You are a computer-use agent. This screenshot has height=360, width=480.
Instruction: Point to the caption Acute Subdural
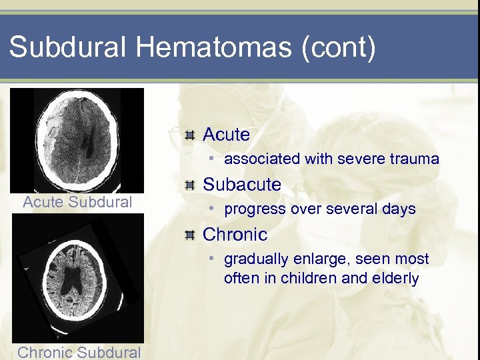[x=77, y=202]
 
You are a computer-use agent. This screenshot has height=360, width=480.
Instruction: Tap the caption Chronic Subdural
[x=79, y=352]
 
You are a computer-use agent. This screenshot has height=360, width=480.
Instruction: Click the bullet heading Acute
[x=226, y=135]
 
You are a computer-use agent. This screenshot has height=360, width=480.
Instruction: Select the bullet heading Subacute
[x=242, y=184]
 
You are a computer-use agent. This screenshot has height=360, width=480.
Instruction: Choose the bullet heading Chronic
[x=235, y=235]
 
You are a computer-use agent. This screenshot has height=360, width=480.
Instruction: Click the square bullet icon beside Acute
[x=190, y=135]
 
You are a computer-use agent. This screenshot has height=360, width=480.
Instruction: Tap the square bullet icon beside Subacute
[x=190, y=185]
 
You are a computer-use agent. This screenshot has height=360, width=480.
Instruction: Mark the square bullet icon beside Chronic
[x=190, y=235]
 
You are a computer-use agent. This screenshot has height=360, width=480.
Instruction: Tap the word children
[x=309, y=278]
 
